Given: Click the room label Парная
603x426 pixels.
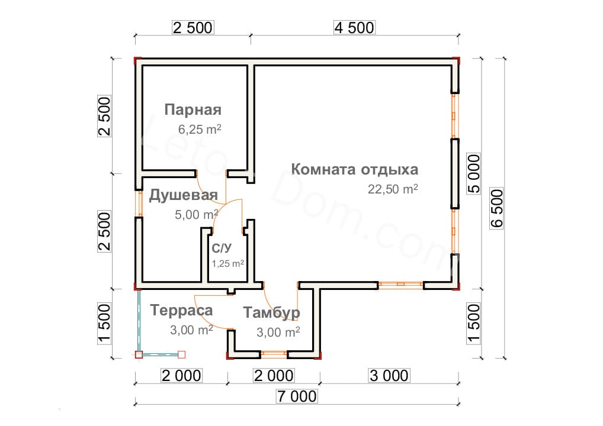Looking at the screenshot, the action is click(193, 110).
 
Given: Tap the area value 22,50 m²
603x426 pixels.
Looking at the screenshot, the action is click(393, 189).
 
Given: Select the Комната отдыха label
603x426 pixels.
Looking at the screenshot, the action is click(355, 169).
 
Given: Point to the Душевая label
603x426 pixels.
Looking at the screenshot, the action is click(183, 195).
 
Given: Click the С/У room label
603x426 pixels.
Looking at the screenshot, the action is click(222, 248).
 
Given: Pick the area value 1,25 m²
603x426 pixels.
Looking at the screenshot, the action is click(227, 263).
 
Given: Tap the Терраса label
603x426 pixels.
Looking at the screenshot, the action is click(181, 310).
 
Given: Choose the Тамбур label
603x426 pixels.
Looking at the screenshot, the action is click(271, 312).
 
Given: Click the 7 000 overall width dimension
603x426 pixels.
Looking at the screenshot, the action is click(297, 396).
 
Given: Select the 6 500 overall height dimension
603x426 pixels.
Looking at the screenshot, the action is click(496, 208).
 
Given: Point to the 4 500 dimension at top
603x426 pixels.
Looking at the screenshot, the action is click(354, 28).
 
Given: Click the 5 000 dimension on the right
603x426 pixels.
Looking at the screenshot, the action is click(473, 173).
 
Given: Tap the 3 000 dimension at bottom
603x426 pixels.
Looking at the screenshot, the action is click(389, 375).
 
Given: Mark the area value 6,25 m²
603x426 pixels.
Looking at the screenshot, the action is click(200, 130).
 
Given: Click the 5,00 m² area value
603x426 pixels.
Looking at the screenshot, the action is click(197, 214).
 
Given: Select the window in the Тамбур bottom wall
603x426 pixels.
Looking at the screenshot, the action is click(274, 354).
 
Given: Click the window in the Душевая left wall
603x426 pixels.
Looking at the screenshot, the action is click(139, 204).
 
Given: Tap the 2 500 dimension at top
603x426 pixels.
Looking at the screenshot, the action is click(193, 28).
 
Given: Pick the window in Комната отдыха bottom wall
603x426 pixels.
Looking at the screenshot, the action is click(401, 285).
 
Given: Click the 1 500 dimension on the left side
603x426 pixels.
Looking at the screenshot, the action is click(104, 324).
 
